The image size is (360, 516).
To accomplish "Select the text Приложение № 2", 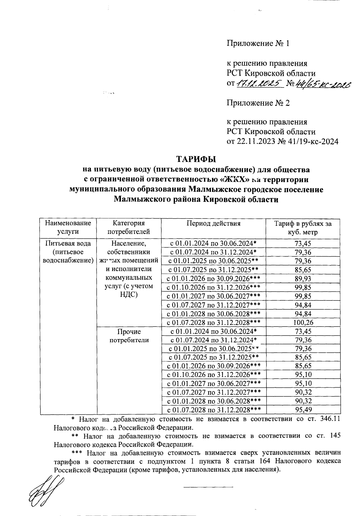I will pyautogui.click(x=258, y=103).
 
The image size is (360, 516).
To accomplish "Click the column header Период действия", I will pyautogui.click(x=213, y=223).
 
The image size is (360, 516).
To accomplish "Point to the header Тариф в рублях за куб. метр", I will pyautogui.click(x=303, y=228).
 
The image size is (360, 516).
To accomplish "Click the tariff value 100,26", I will pyautogui.click(x=303, y=323).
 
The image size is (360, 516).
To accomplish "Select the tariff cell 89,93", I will pyautogui.click(x=303, y=279).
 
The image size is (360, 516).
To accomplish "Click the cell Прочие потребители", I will pyautogui.click(x=129, y=336).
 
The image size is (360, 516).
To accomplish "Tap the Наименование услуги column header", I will pyautogui.click(x=68, y=227).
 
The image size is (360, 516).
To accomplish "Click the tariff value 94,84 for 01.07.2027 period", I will pyautogui.click(x=303, y=305).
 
